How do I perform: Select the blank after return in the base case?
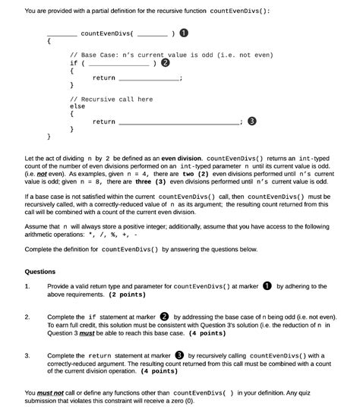pyautogui.click(x=148, y=79)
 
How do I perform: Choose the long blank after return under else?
pyautogui.click(x=178, y=123)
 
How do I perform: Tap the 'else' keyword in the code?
pyautogui.click(x=77, y=107)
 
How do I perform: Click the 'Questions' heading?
pyautogui.click(x=40, y=271)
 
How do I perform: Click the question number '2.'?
pyautogui.click(x=27, y=317)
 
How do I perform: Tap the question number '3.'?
pyautogui.click(x=27, y=355)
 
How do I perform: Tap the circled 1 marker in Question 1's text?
pyautogui.click(x=267, y=286)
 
